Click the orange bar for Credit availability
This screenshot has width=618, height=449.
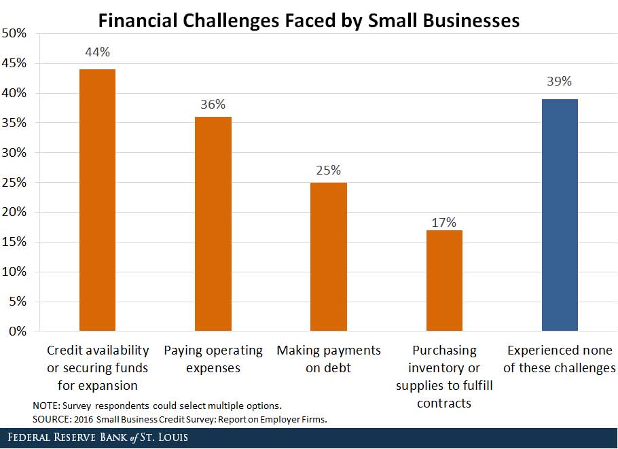tap(97, 200)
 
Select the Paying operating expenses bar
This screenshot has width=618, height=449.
tap(213, 224)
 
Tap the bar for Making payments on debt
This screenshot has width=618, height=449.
tap(328, 257)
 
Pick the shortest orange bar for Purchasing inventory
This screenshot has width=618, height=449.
tap(444, 281)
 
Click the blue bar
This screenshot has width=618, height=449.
tap(560, 215)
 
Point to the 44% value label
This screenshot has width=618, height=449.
tap(97, 52)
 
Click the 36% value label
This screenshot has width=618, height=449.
tap(213, 105)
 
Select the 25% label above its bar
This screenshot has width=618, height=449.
tap(328, 170)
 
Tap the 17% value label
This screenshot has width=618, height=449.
tap(444, 222)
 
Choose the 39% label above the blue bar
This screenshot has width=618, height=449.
tap(560, 82)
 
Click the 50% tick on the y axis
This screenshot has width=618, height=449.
tap(14, 33)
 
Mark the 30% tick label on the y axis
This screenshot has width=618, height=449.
tap(14, 153)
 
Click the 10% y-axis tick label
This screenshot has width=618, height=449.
tap(14, 272)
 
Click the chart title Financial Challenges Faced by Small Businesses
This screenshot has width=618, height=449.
tap(309, 20)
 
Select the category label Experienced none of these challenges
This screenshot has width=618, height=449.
tap(560, 359)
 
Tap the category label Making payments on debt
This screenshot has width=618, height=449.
tap(329, 359)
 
